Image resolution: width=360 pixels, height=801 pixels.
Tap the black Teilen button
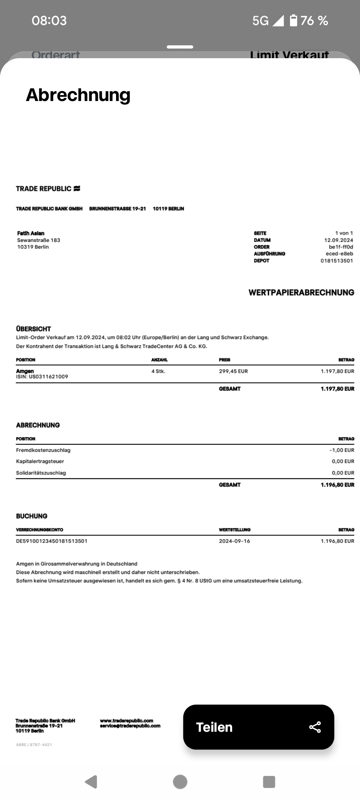pyautogui.click(x=258, y=727)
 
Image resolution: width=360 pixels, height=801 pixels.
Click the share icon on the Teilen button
pyautogui.click(x=315, y=727)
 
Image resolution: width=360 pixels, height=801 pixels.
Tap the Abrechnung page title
pyautogui.click(x=78, y=95)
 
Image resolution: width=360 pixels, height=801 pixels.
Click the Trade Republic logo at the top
pyautogui.click(x=48, y=188)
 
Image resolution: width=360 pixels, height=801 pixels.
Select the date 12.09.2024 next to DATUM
pyautogui.click(x=338, y=240)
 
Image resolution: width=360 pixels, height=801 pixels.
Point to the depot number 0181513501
pyautogui.click(x=336, y=261)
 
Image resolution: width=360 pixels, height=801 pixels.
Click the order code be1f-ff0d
pyautogui.click(x=341, y=247)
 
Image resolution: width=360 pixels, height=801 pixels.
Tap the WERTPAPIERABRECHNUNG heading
pyautogui.click(x=301, y=292)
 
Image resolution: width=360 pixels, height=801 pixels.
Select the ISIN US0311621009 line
pyautogui.click(x=42, y=377)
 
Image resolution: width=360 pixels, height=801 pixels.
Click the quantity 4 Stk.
pyautogui.click(x=158, y=371)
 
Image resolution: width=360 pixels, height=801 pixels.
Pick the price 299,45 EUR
pyautogui.click(x=233, y=371)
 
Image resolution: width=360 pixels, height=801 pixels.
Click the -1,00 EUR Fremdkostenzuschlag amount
pyautogui.click(x=342, y=450)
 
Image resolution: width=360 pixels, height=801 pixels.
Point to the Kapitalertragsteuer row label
pyautogui.click(x=40, y=461)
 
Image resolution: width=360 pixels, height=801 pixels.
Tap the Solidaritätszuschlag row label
pyautogui.click(x=41, y=473)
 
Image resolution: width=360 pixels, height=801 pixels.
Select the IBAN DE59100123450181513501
pyautogui.click(x=52, y=541)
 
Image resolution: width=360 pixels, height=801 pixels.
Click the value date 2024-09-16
pyautogui.click(x=234, y=541)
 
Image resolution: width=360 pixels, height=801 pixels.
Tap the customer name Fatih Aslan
pyautogui.click(x=31, y=233)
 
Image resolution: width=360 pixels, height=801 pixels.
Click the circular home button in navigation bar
pyautogui.click(x=180, y=782)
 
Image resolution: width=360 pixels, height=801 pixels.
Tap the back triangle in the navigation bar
pyautogui.click(x=91, y=782)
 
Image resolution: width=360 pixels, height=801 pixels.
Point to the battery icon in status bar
pyautogui.click(x=293, y=20)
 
